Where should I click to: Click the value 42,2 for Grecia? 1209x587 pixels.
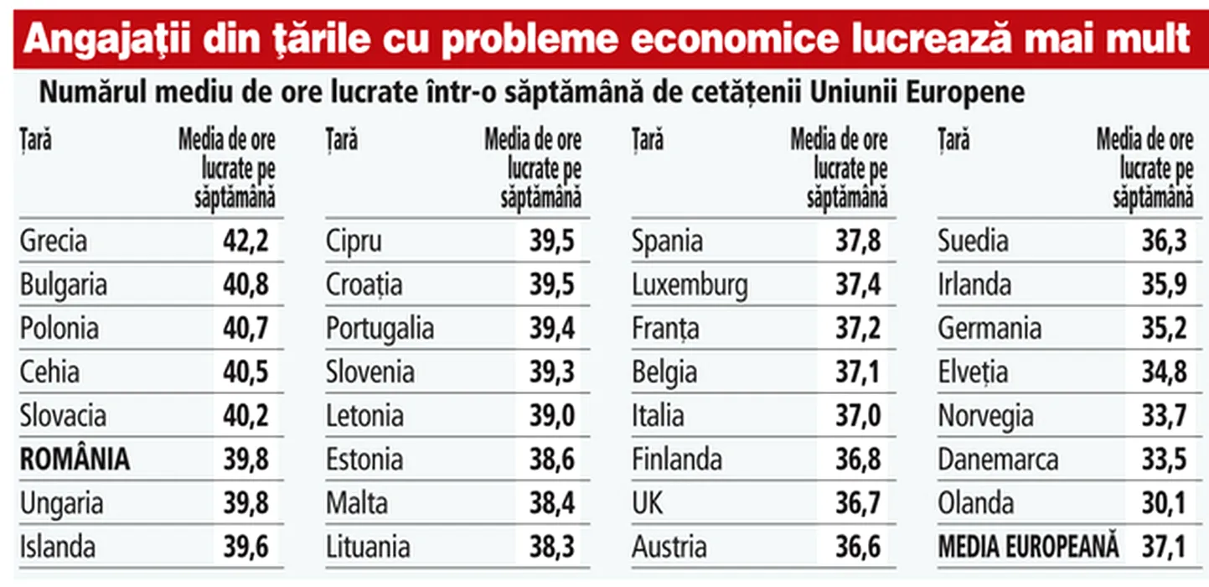pos(245,242)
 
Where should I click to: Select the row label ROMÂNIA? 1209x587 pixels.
pos(75,460)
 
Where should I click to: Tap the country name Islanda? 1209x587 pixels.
pos(58,548)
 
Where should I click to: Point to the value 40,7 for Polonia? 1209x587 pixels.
pos(245,329)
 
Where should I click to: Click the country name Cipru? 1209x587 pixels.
pos(354,242)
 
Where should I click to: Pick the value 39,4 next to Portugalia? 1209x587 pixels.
pos(551,329)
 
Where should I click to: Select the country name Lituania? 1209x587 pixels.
pos(368,548)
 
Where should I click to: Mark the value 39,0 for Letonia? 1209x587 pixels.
pos(551,416)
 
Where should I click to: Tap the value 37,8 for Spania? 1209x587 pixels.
pos(858,242)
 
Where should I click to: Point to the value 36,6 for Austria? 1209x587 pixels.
pos(858,548)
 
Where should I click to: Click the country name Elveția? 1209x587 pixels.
pos(973,372)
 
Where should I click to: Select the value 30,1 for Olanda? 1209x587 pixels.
pos(1164,504)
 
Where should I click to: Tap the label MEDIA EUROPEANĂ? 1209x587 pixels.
pos(1028,548)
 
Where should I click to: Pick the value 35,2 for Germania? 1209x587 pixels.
pos(1164,329)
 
